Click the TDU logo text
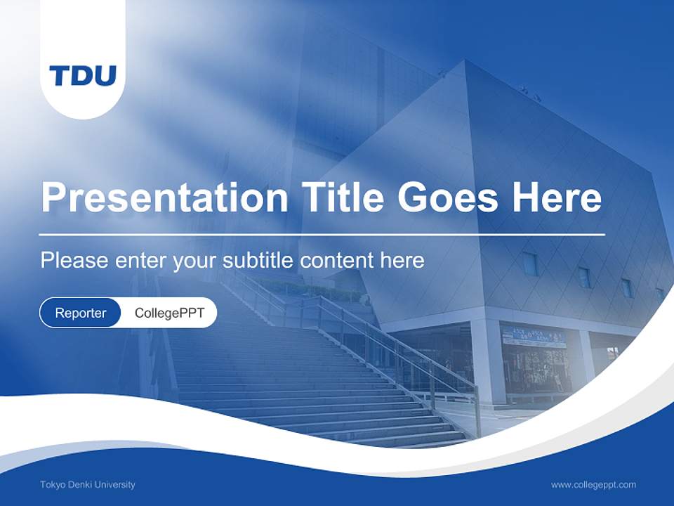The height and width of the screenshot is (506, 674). coord(83,75)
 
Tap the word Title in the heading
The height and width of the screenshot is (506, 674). coord(343,197)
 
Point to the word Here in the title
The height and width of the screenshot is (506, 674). coord(557,197)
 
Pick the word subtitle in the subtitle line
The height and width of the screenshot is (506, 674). coord(259,261)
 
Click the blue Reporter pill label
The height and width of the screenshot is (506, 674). coord(81,313)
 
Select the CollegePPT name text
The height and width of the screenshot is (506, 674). coord(169,313)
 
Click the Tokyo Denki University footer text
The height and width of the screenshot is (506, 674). coord(88,484)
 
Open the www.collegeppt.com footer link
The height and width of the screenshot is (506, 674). coord(593,484)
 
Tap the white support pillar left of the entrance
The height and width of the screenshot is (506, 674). coord(487,362)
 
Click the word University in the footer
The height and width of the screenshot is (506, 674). coord(114,484)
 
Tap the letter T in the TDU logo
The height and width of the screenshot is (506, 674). coord(59,75)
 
